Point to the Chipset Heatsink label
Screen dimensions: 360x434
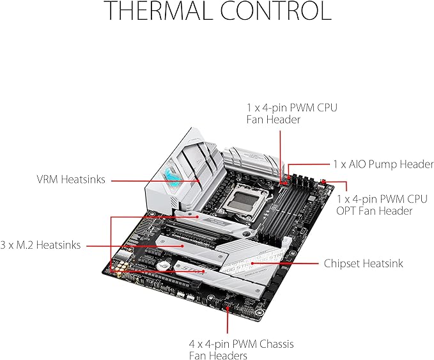[363, 263]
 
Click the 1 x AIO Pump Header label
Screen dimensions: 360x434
[383, 164]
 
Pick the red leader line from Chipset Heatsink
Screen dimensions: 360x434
[288, 263]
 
